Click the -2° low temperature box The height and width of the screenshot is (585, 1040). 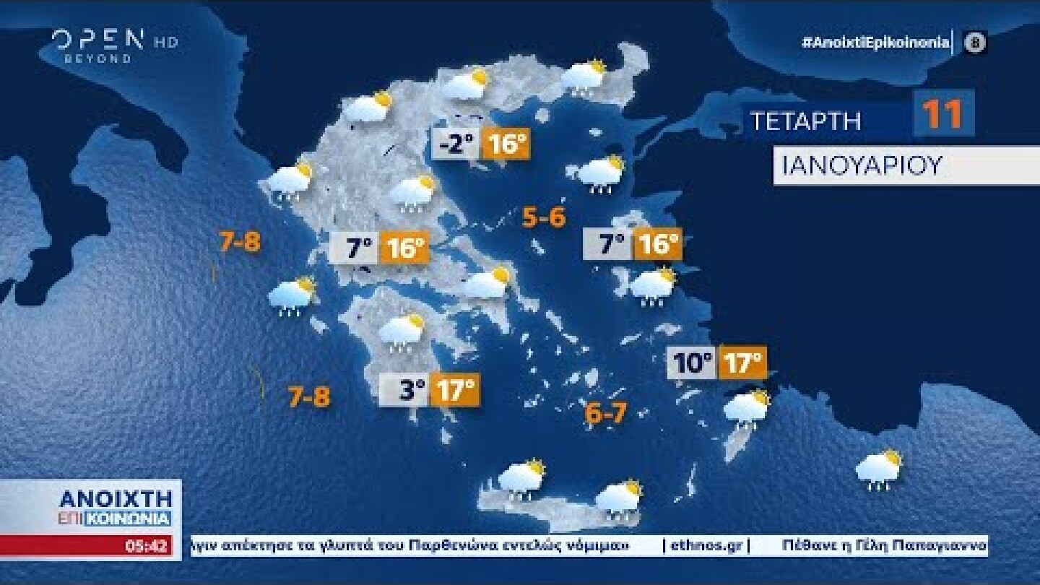[x=456, y=145]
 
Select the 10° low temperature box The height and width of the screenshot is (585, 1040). [x=692, y=363]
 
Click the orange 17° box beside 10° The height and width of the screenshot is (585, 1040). [x=741, y=363]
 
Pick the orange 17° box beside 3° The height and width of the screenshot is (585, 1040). [x=455, y=391]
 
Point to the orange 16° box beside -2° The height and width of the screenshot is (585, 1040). [x=506, y=145]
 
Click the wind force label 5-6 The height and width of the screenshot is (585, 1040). [x=544, y=217]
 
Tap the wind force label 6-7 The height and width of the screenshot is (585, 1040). [x=605, y=414]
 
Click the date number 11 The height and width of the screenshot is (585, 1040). [x=943, y=115]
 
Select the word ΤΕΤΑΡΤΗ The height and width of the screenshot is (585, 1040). [x=805, y=121]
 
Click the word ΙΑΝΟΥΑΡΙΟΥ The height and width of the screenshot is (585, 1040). [x=862, y=165]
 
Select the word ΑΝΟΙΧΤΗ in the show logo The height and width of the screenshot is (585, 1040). [x=116, y=498]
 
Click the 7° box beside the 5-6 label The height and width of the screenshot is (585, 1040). [x=608, y=245]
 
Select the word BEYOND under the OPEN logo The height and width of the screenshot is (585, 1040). [x=98, y=58]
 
